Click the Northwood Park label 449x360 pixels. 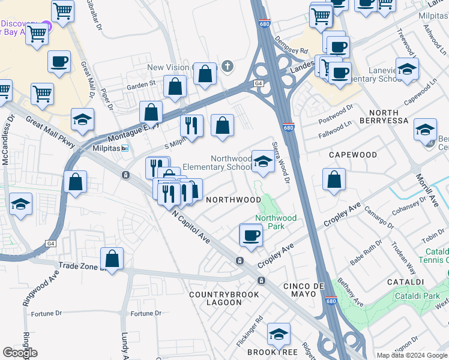pos(276,222)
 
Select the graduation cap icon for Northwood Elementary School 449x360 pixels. pos(262,161)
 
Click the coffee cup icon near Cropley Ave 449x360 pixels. pos(250,235)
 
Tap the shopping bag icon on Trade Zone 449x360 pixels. pos(112,259)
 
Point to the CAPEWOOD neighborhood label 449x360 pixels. pos(353,155)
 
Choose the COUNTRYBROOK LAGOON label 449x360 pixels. pos(224,299)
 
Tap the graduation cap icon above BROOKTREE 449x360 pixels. pos(278,334)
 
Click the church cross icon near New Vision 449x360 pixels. pos(227,66)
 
